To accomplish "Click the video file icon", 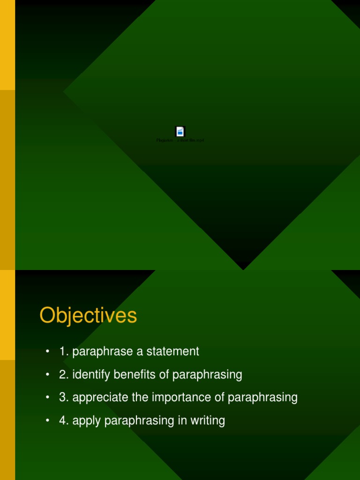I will [x=180, y=131].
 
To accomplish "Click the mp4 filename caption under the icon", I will [x=180, y=140].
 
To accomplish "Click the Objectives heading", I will [x=88, y=315].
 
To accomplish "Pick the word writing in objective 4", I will [x=206, y=420].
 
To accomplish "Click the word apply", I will [x=87, y=421].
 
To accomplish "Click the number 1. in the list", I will [x=64, y=352].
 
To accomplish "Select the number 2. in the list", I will [x=64, y=375].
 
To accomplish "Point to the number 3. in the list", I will [x=64, y=397].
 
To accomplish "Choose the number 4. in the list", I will [x=64, y=420].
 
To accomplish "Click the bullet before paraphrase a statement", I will [x=47, y=352].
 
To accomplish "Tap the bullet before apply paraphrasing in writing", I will [x=47, y=420].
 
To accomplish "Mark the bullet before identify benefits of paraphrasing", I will [x=47, y=375].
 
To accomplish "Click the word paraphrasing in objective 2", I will [x=207, y=375].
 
